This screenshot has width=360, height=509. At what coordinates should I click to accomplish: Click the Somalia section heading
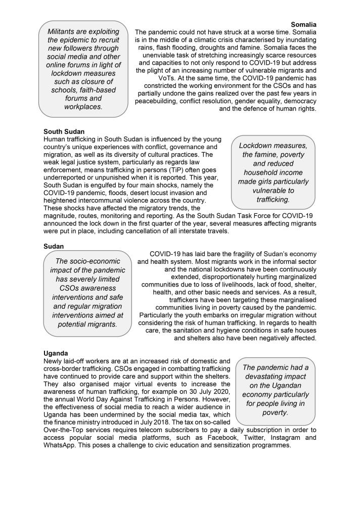click(x=303, y=24)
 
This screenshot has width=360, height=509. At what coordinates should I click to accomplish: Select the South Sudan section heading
click(x=64, y=131)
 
